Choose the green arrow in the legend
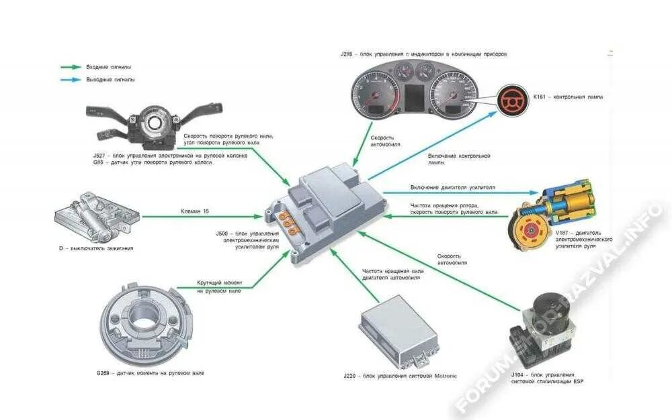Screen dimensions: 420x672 [x=71, y=67]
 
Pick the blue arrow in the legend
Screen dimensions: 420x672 [x=71, y=79]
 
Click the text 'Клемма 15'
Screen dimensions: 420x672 [x=195, y=211]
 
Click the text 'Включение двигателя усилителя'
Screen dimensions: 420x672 [x=452, y=187]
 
